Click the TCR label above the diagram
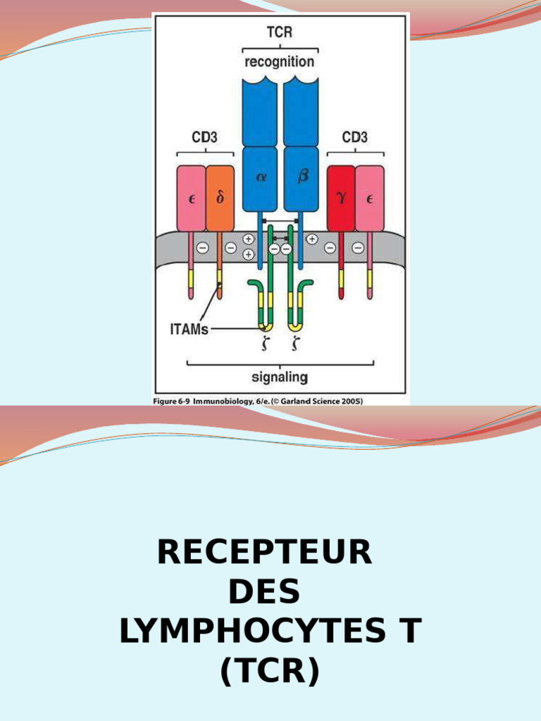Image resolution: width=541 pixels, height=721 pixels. [280, 32]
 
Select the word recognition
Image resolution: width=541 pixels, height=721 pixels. [280, 61]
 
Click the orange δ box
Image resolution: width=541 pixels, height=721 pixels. [220, 199]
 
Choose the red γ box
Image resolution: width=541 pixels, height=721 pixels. [341, 199]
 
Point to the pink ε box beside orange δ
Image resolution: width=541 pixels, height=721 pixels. [191, 199]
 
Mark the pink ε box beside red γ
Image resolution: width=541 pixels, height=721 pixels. [370, 199]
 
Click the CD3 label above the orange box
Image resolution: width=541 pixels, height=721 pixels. [204, 137]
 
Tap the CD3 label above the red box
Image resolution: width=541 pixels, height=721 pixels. [355, 137]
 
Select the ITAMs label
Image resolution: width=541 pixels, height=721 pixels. [189, 329]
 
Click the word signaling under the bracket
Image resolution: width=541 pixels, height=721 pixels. [280, 377]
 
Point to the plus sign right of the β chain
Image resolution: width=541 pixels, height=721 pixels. [312, 239]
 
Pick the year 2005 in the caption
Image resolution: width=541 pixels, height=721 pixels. [349, 401]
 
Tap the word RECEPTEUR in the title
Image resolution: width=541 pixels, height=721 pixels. [265, 553]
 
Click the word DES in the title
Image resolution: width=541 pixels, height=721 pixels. [265, 592]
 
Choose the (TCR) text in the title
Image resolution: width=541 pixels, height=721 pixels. [270, 672]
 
